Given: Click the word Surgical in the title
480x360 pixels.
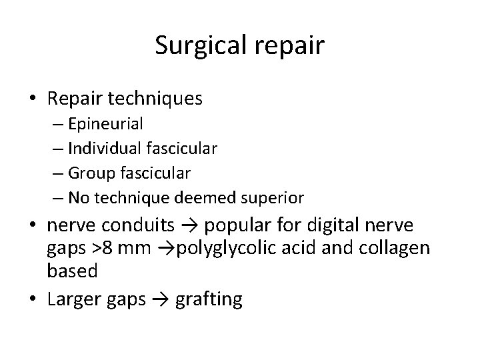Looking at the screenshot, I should pyautogui.click(x=199, y=46).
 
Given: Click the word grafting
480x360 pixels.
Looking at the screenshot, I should pyautogui.click(x=208, y=299).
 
